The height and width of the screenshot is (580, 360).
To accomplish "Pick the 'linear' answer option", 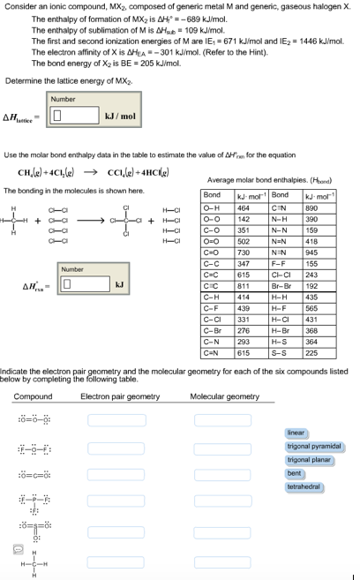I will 296,433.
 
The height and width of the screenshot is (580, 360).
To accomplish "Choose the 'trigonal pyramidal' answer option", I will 313,447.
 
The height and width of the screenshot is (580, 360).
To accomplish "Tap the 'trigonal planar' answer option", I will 309,460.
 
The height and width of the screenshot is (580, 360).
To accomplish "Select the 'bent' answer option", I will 295,473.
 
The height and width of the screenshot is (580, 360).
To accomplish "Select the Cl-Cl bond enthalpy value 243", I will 311,274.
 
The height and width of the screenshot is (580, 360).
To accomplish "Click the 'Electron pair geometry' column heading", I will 120,396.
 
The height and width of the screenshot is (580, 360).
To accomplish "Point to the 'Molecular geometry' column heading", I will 224,396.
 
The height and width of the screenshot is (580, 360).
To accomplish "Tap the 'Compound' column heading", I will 33,396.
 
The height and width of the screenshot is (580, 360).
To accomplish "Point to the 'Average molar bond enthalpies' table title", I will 268,179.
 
